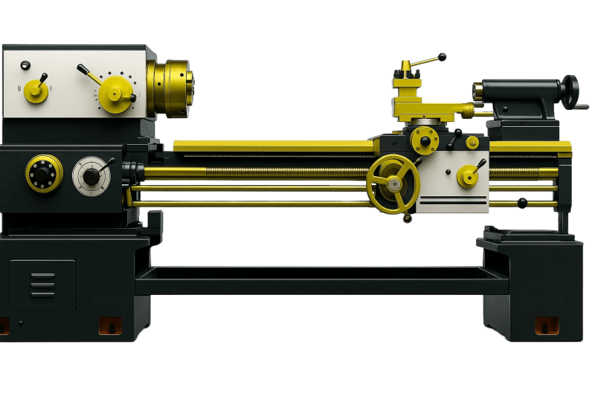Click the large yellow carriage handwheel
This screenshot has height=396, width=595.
(x=393, y=182)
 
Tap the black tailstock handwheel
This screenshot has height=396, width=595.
(x=570, y=91)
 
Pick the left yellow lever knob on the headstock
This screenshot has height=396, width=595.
(x=36, y=90)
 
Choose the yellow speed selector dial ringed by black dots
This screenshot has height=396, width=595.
(x=114, y=94)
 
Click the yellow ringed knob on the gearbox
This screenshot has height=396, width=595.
(x=43, y=174)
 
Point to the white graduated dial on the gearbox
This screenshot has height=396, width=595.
(x=91, y=176)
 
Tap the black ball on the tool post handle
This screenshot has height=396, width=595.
(x=443, y=56)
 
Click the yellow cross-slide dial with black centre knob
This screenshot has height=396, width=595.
(x=425, y=138)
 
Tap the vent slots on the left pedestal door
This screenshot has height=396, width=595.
(x=43, y=283)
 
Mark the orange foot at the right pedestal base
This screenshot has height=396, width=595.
(x=547, y=325)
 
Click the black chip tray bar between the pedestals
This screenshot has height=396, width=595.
(x=320, y=281)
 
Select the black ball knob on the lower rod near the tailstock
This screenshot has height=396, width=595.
(x=522, y=202)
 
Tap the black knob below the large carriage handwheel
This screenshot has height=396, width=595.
(x=407, y=218)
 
